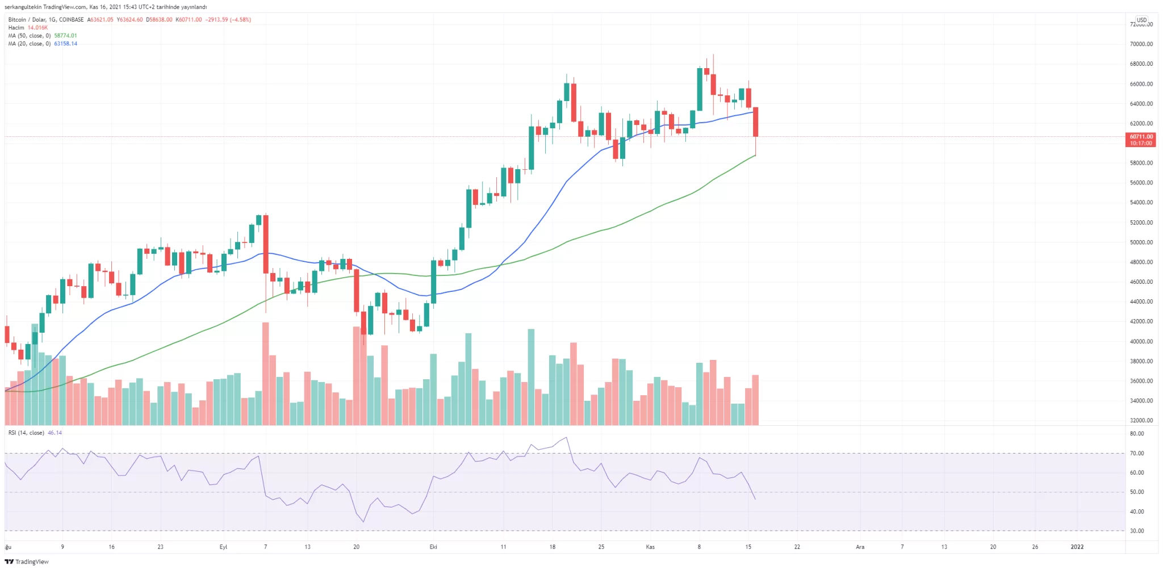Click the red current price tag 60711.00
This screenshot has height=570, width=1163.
(1141, 136)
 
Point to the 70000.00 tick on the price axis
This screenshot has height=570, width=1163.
(1141, 44)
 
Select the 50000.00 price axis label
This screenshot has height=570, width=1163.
(1141, 242)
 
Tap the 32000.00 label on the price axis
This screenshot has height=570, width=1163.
(1141, 421)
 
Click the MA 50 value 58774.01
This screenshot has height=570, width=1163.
(65, 36)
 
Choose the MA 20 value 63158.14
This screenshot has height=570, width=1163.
(65, 44)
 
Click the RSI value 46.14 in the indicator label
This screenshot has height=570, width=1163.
(55, 433)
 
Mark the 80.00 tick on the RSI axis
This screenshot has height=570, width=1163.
(1137, 434)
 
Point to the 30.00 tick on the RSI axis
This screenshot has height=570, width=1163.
(1137, 531)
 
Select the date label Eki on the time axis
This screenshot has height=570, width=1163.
(433, 547)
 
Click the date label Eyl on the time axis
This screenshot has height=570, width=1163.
(223, 547)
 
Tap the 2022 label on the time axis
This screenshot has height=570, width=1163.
(1077, 547)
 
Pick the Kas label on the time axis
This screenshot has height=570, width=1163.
(650, 547)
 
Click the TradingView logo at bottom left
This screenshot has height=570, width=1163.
(27, 562)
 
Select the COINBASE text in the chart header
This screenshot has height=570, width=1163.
(71, 20)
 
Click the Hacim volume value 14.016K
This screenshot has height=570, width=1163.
(37, 28)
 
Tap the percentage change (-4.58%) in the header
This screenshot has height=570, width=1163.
(240, 20)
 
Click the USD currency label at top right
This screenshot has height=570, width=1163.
(1141, 20)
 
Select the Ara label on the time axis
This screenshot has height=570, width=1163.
(860, 547)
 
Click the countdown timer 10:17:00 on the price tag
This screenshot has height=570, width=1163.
(1141, 144)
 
